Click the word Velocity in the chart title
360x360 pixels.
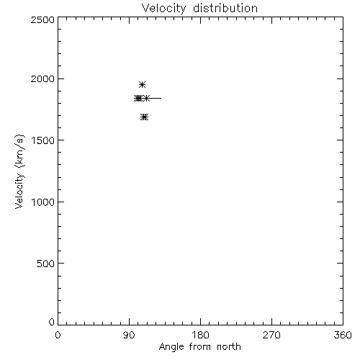pyautogui.click(x=164, y=9)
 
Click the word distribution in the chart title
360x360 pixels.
pyautogui.click(x=225, y=8)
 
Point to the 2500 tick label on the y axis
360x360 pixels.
pyautogui.click(x=42, y=19)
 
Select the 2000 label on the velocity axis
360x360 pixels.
pyautogui.click(x=42, y=78)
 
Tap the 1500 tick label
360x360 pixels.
pyautogui.click(x=43, y=140)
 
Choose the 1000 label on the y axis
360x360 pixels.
pyautogui.click(x=43, y=202)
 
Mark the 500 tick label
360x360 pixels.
pyautogui.click(x=46, y=264)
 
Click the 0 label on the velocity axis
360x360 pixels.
pyautogui.click(x=52, y=322)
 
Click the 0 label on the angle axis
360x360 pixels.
pyautogui.click(x=58, y=335)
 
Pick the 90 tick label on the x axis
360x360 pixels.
pyautogui.click(x=129, y=335)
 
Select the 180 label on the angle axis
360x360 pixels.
pyautogui.click(x=200, y=335)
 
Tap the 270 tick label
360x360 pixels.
pyautogui.click(x=271, y=335)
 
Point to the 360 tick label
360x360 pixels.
pyautogui.click(x=343, y=335)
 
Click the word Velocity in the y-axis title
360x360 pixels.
pyautogui.click(x=19, y=192)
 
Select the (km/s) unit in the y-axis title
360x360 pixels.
pyautogui.click(x=19, y=151)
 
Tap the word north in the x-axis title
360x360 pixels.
pyautogui.click(x=229, y=347)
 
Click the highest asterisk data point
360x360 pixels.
pyautogui.click(x=143, y=84)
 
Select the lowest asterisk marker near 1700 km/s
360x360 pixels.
pyautogui.click(x=144, y=117)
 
